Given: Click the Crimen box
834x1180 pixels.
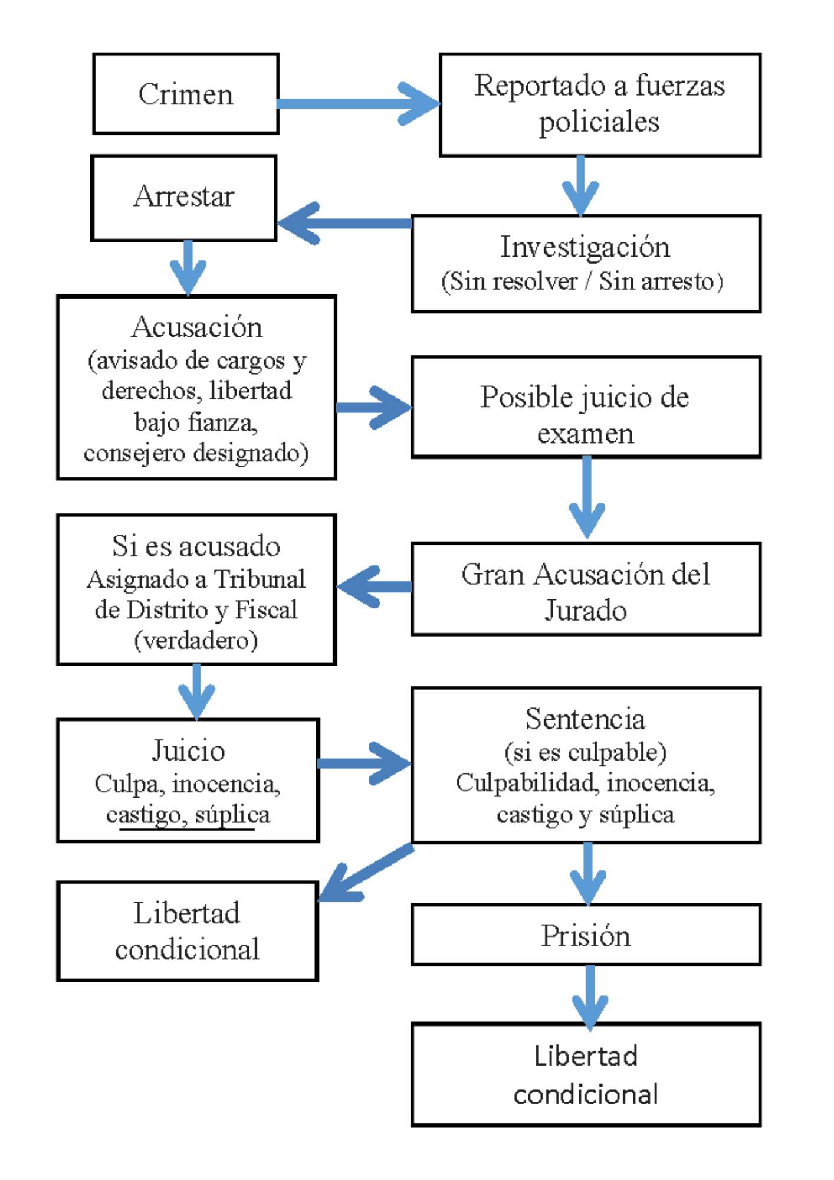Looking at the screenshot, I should [x=185, y=94].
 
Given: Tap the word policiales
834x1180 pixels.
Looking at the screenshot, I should [x=599, y=122].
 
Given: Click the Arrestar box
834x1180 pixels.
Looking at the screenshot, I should [x=183, y=197].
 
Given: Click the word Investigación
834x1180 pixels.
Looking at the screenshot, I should [x=585, y=247].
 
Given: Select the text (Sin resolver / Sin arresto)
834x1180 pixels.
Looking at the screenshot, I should [x=583, y=281].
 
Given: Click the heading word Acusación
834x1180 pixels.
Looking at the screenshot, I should [x=196, y=327].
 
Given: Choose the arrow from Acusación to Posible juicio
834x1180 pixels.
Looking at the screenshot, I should [x=373, y=407].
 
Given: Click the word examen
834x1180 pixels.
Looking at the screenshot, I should [x=585, y=434].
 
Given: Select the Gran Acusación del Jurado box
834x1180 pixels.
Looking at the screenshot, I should [x=586, y=589].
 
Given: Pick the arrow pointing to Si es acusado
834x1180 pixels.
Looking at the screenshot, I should [x=375, y=586].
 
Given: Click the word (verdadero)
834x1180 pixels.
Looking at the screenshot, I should [x=196, y=641].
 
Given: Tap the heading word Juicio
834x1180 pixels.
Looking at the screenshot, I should [x=188, y=750].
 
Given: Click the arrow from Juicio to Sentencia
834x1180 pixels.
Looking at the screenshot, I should [x=365, y=763].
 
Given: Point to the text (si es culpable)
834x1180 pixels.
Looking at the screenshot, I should [x=585, y=752].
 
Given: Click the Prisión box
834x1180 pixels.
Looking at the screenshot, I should [x=586, y=935].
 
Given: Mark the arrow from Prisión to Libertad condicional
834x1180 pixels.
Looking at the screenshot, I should [x=590, y=997].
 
